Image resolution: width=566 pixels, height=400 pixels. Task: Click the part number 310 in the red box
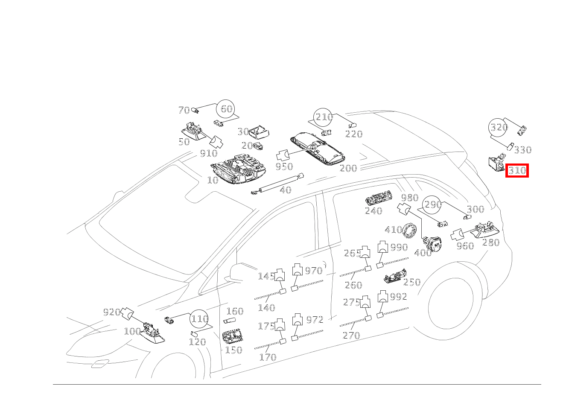coord(517,171)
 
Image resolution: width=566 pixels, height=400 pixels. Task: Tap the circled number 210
coord(323,117)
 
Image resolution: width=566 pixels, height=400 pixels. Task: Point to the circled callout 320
coord(498,127)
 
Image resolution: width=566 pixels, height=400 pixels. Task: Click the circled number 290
coord(432,204)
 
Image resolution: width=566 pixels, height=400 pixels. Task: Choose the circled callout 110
coord(199,319)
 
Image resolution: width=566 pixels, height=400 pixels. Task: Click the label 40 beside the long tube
coord(286,190)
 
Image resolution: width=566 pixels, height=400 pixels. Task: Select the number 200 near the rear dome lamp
coord(348,168)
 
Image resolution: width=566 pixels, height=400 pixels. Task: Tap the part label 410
coord(394,230)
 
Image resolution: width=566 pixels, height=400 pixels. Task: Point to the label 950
coord(284,166)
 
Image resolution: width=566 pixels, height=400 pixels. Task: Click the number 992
coord(399,297)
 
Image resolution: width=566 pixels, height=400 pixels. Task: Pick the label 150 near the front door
coord(233,350)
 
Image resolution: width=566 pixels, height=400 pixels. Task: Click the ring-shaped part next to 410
coord(409,231)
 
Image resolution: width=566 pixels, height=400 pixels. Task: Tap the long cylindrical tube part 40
coord(278,184)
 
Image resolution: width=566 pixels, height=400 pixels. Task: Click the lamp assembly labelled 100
coord(152,333)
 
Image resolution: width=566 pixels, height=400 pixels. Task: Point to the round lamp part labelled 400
coord(432,244)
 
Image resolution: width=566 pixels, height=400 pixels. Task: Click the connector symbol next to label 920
coord(127,314)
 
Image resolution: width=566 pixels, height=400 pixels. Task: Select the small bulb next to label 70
coord(195,111)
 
